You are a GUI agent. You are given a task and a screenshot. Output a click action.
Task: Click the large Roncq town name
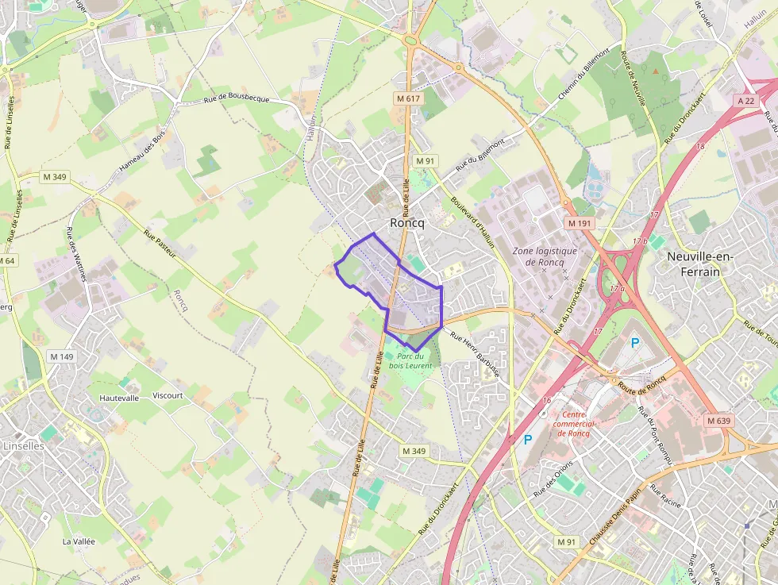click(407, 223)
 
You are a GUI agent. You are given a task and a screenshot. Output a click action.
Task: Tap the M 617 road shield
click(410, 98)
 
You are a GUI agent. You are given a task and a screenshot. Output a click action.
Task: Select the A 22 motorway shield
click(745, 101)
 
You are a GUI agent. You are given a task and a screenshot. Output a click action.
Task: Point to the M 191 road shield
click(580, 224)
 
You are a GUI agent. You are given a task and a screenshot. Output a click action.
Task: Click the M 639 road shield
click(718, 420)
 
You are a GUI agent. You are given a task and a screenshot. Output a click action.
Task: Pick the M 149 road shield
click(60, 356)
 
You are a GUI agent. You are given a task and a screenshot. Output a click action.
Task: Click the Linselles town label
click(24, 446)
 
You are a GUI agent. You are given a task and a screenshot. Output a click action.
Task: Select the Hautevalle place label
click(119, 398)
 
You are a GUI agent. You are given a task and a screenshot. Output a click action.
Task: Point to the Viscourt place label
click(168, 395)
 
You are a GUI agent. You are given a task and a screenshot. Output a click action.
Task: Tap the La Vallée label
click(79, 541)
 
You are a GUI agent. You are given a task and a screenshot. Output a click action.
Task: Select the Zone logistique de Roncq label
click(545, 256)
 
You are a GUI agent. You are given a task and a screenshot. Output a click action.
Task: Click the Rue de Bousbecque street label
click(237, 98)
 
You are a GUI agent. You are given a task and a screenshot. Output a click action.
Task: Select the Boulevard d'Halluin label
click(472, 222)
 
